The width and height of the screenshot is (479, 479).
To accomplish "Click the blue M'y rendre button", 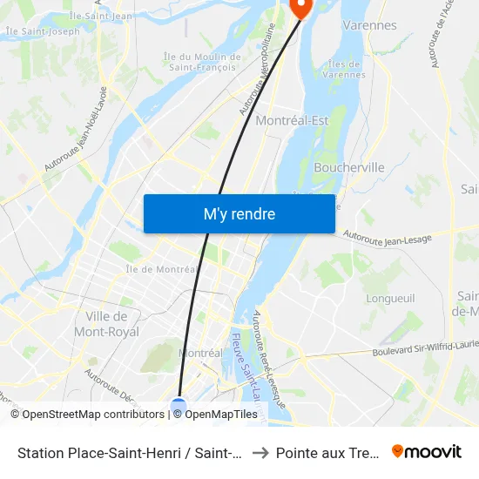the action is click(239, 213).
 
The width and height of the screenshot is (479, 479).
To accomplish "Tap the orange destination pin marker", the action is click(301, 9).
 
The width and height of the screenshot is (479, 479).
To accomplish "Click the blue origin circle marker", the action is click(179, 406).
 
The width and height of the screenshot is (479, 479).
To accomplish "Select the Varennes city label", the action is click(369, 25).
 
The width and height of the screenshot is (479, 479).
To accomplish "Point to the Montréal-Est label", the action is click(292, 120).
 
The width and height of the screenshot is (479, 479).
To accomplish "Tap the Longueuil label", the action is click(391, 298).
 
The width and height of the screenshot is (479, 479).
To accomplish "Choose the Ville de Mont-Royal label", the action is click(107, 324).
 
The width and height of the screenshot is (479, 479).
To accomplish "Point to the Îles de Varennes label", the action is click(346, 69).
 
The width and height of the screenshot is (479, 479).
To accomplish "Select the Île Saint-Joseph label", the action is click(42, 31).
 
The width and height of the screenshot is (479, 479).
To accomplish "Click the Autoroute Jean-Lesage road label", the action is click(387, 237).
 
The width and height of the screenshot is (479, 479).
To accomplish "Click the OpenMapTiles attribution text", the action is click(220, 415).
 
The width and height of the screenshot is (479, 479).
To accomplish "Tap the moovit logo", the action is click(427, 451).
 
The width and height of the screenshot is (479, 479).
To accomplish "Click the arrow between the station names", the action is click(259, 452).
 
